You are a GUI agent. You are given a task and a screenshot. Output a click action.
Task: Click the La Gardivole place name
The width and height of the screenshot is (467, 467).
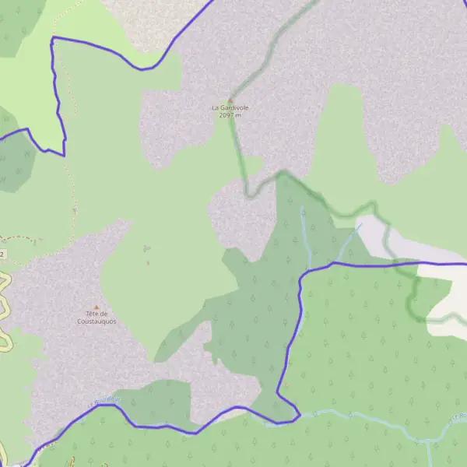pos(230,107)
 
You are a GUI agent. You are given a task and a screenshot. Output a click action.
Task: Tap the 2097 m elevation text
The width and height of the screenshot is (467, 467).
pos(230,115)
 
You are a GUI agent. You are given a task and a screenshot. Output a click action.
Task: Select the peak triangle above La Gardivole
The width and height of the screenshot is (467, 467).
pos(230,100)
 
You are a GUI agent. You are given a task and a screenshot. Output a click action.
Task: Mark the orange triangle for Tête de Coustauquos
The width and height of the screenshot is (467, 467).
pos(97,307)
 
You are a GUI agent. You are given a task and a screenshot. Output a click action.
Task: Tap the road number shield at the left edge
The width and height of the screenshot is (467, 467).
pos(2,255)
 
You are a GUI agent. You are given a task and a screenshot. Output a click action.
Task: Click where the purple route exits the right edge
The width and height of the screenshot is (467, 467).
pos(465,264)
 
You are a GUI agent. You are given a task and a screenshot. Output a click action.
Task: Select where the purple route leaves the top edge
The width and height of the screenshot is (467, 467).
pos(212,2)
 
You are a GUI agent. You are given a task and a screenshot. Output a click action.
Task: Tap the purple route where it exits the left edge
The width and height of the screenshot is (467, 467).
pos(2,138)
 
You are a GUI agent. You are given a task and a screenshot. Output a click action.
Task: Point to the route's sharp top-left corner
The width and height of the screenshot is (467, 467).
pos(52,37)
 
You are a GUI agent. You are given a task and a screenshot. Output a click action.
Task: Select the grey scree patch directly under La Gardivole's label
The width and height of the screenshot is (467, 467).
pos(179,140)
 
